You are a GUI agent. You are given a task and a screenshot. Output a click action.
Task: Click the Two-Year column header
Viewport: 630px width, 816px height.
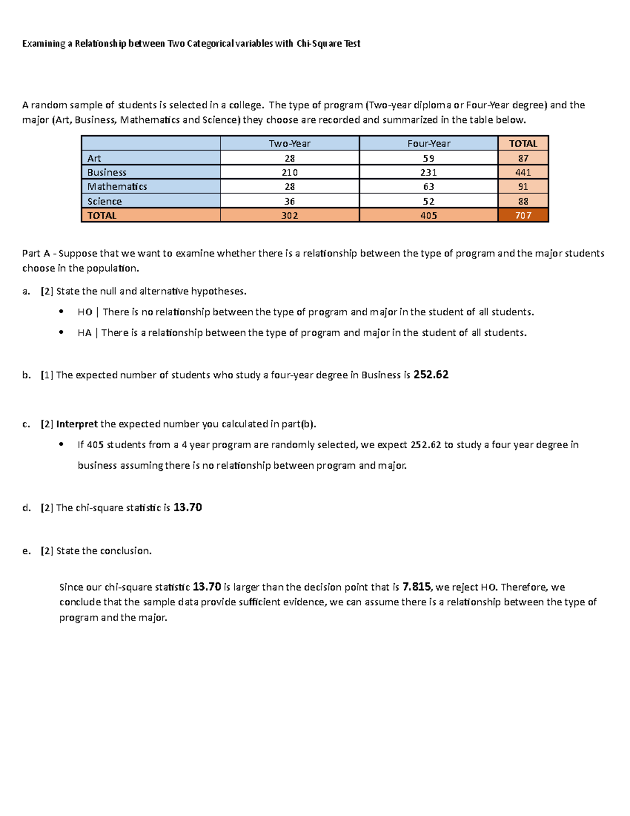click(x=289, y=143)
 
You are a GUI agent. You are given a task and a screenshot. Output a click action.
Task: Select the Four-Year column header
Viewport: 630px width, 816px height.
click(x=428, y=143)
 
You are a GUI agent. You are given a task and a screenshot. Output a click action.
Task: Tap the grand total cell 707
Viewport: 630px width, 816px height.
click(x=523, y=215)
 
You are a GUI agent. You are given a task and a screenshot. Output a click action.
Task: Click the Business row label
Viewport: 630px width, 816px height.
click(x=107, y=172)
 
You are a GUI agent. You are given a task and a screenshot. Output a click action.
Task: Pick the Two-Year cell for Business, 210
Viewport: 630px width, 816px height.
click(x=289, y=172)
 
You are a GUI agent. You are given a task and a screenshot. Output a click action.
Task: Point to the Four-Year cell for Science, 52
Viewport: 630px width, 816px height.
click(x=428, y=201)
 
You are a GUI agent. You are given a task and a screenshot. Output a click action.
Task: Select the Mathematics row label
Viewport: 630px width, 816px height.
click(x=117, y=187)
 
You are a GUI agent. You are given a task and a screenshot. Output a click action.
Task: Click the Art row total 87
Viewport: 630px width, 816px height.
click(x=523, y=158)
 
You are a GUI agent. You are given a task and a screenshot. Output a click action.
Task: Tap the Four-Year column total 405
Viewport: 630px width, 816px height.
click(x=428, y=215)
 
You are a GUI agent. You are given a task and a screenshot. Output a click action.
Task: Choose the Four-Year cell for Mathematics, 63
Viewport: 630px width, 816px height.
click(x=428, y=187)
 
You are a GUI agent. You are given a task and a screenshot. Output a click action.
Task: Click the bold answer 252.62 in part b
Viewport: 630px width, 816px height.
click(x=431, y=375)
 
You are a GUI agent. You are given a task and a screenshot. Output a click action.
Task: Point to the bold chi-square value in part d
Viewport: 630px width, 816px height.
click(x=187, y=508)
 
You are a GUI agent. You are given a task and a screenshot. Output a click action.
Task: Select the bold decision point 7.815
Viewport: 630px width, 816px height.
click(x=416, y=587)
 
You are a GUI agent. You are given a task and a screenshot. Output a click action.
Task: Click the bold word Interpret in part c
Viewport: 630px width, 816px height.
click(x=77, y=424)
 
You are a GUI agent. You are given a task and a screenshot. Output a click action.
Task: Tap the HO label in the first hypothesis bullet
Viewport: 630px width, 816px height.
click(x=85, y=312)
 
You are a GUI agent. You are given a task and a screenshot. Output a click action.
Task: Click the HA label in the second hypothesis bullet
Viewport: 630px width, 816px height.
click(x=84, y=333)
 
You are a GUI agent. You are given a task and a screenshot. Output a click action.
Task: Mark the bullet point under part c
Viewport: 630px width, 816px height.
click(x=61, y=445)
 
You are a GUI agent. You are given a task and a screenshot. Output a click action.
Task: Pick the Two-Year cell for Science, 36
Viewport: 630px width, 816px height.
click(x=289, y=201)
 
